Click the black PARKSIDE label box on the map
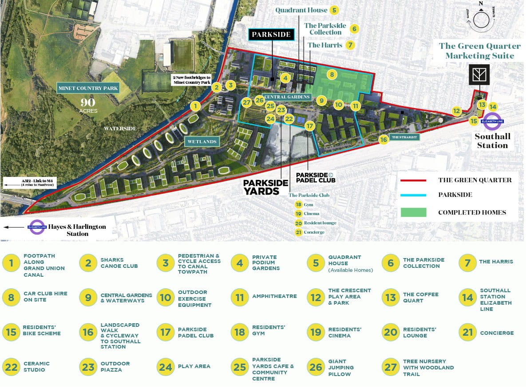click(271, 34)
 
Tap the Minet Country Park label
click(88, 88)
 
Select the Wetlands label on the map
click(202, 142)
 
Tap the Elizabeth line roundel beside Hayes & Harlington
click(37, 227)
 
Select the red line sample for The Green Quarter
click(413, 180)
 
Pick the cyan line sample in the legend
click(413, 195)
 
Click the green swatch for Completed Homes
click(413, 212)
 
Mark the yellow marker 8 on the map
click(332, 74)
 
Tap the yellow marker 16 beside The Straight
click(384, 139)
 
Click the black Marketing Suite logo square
click(479, 74)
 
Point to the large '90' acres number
click(88, 102)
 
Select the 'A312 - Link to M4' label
click(30, 182)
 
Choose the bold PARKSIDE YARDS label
click(261, 187)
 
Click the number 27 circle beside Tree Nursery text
click(391, 367)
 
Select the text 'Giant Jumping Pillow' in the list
click(341, 368)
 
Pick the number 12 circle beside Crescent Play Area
click(316, 297)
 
